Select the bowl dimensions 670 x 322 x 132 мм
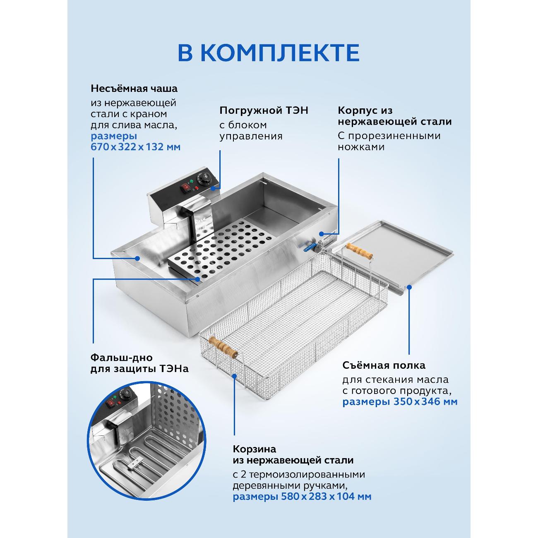click(136, 147)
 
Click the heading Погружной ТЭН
click(264, 110)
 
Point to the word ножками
click(361, 147)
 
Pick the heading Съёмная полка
click(384, 365)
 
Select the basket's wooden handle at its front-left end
click(223, 347)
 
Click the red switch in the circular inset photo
click(112, 402)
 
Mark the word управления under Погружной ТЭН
click(251, 136)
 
